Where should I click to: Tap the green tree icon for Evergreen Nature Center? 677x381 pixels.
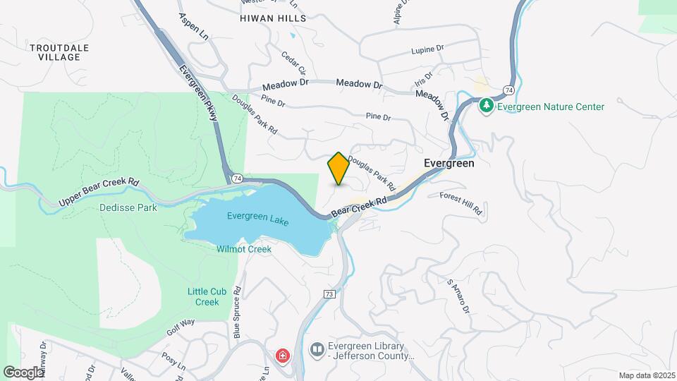click(486, 107)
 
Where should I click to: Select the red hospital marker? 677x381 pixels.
click(283, 356)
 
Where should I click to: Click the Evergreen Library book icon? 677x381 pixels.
click(317, 349)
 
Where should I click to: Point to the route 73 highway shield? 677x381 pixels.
click(329, 294)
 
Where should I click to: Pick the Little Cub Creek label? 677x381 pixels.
click(204, 296)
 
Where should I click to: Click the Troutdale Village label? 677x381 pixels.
click(59, 52)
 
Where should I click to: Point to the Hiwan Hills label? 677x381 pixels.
click(273, 18)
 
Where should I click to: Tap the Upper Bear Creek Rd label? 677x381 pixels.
click(99, 192)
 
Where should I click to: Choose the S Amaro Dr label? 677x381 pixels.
click(458, 296)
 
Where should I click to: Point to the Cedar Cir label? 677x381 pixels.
click(293, 63)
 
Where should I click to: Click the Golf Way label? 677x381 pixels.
click(180, 327)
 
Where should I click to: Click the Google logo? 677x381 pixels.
click(23, 372)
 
